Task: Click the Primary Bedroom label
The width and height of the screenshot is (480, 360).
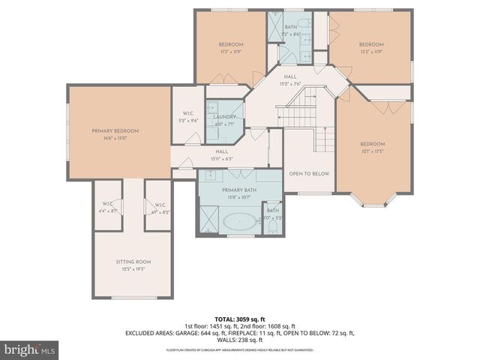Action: point(115,131)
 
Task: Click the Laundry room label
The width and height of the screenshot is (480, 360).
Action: point(224,117)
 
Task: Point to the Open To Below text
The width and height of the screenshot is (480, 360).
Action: point(309,173)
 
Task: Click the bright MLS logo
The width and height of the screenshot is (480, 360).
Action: point(30,349)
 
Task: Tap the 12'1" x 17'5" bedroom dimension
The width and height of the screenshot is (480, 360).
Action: point(372,151)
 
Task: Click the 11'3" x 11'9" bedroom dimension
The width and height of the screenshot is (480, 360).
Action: point(232,52)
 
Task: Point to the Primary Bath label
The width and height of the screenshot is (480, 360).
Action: point(239,190)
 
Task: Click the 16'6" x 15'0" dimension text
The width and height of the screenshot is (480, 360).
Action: point(115,138)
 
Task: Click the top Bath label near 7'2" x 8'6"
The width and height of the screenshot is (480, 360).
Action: point(290,27)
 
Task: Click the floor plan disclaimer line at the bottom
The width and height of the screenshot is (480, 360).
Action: point(239,350)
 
